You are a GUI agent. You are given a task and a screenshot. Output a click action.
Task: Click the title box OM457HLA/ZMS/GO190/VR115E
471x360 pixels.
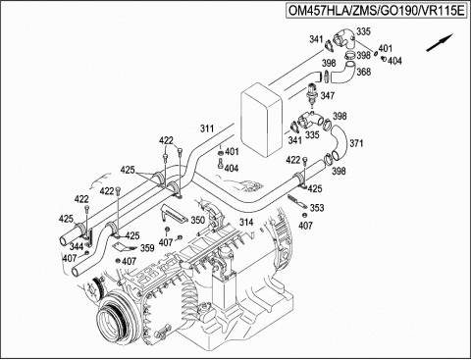click(x=376, y=11)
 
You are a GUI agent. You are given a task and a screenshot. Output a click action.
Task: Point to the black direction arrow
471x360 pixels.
click(x=440, y=42)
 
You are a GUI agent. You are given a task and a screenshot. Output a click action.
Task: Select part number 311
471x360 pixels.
click(x=207, y=129)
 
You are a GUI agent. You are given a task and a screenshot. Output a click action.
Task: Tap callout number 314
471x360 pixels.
click(x=246, y=223)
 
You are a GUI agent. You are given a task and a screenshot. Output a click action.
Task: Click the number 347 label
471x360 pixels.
click(x=328, y=95)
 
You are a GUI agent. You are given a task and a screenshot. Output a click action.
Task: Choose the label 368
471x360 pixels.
click(x=364, y=72)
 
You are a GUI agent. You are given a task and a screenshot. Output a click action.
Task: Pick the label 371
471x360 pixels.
click(x=356, y=143)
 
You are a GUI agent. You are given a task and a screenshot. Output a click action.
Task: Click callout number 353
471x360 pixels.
click(x=317, y=208)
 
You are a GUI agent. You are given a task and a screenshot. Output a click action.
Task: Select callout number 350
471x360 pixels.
click(x=197, y=220)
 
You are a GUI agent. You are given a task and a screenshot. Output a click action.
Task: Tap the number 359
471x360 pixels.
click(x=147, y=248)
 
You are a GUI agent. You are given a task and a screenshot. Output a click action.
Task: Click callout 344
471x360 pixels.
click(x=77, y=246)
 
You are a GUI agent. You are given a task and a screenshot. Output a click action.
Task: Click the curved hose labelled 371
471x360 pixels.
click(x=338, y=142)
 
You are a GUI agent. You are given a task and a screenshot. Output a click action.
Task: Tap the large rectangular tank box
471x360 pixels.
click(x=261, y=120)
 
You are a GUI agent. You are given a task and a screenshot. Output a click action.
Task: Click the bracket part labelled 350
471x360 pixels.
click(x=173, y=213)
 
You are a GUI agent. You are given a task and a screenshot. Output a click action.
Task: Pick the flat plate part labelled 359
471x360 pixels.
click(x=125, y=247)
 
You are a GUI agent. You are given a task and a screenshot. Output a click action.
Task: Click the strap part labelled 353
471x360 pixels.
click(x=297, y=201)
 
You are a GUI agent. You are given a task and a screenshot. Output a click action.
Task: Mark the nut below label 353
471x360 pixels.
click(x=304, y=215)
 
